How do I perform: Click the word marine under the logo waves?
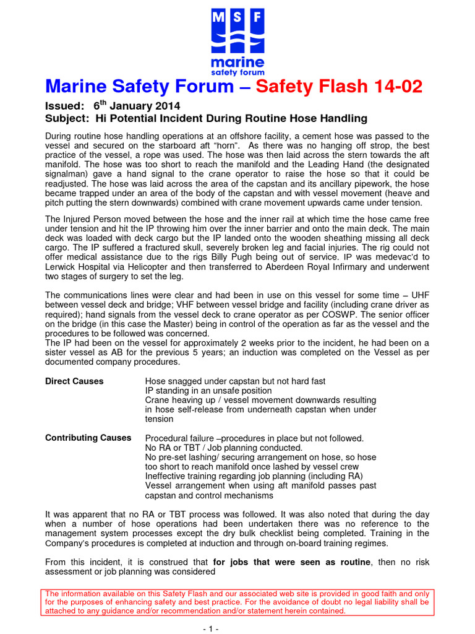point(237,63)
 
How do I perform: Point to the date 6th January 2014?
point(135,106)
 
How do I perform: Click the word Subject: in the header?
point(66,118)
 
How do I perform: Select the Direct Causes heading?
point(74,381)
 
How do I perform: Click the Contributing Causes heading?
point(88,438)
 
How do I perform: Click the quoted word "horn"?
point(228,145)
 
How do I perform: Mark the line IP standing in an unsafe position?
point(208,391)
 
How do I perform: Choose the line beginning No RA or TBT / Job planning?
point(223,448)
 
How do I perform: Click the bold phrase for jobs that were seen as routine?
point(291,562)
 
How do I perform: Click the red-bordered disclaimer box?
point(237,602)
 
